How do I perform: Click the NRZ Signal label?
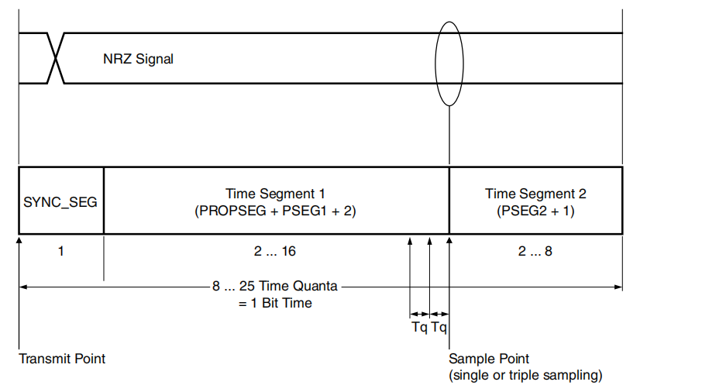coord(138,59)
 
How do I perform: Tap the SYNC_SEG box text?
coord(60,202)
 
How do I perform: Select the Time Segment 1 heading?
coord(275,194)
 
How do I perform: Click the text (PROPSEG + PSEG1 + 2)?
coord(275,211)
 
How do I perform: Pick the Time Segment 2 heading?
coord(535,194)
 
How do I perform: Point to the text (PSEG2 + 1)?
coord(535,211)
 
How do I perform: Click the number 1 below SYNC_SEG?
coord(61,251)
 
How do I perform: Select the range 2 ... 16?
coord(275,251)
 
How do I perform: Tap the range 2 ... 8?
coord(535,251)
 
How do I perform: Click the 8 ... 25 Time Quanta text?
coord(274,286)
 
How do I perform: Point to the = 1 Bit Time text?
coord(275,303)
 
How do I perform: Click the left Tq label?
coord(419,327)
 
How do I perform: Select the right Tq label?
coord(439,327)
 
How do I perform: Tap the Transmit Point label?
coord(62,359)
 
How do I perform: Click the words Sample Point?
coord(489,359)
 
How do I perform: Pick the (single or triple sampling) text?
coord(525,375)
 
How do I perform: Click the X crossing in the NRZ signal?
coord(56,58)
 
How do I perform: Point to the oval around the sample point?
coord(435,64)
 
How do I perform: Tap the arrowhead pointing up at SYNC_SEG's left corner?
coord(19,240)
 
